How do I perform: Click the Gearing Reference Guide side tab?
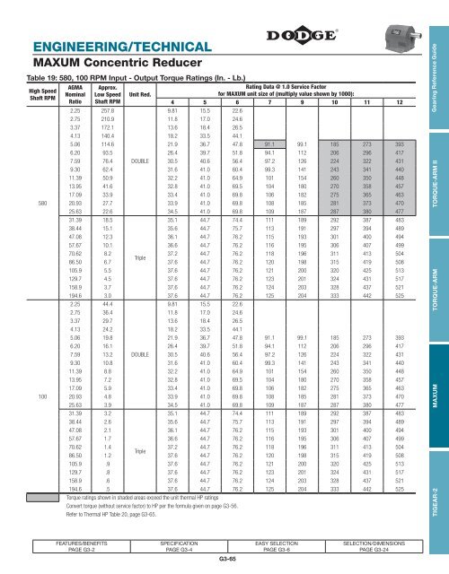point(436,80)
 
